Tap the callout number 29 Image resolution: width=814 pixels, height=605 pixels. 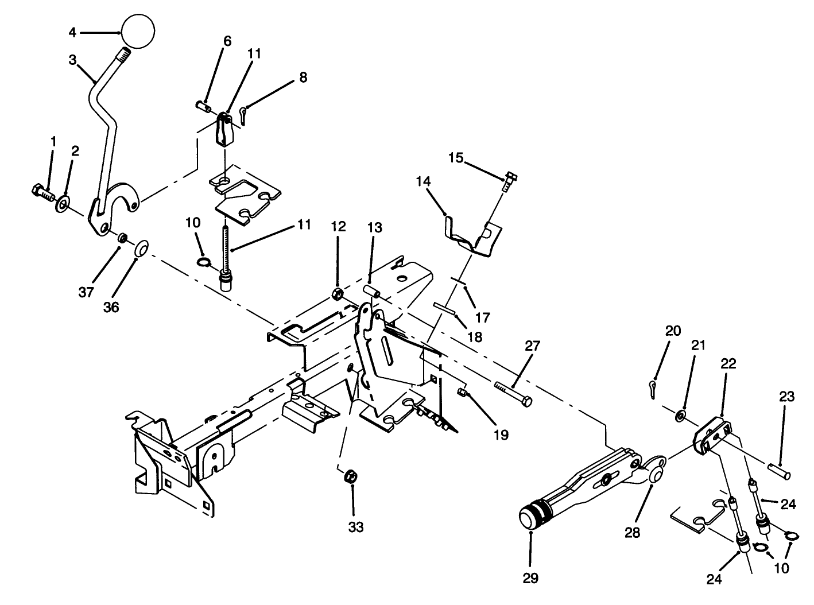[x=530, y=578]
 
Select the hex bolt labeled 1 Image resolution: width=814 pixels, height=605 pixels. [x=42, y=192]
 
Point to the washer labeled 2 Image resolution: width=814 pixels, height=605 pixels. [x=62, y=203]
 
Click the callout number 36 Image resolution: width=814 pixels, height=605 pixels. [x=111, y=307]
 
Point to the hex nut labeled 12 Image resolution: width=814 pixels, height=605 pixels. [x=338, y=295]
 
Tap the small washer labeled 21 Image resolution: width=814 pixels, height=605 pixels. [x=680, y=415]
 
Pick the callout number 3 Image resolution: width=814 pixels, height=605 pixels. [x=72, y=60]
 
